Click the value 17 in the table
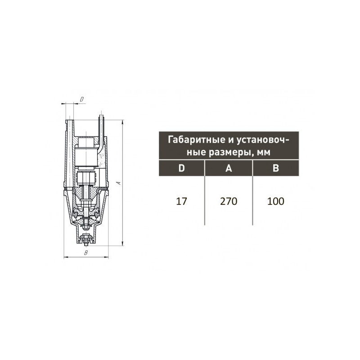tap(181, 201)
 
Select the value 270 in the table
tap(229, 201)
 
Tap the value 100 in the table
tap(275, 201)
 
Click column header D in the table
tap(181, 168)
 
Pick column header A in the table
tap(229, 168)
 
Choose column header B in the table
tap(276, 168)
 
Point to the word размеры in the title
tap(231, 153)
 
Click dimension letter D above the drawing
tap(81, 99)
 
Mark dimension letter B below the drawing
tap(85, 253)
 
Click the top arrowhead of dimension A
tap(123, 121)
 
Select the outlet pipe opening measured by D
tap(69, 120)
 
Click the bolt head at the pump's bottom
tap(86, 243)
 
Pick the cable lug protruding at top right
tap(102, 120)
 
